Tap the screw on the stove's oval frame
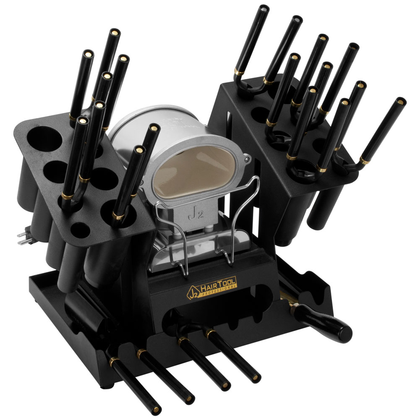click(x=248, y=159)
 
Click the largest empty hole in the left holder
click(x=44, y=139)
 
